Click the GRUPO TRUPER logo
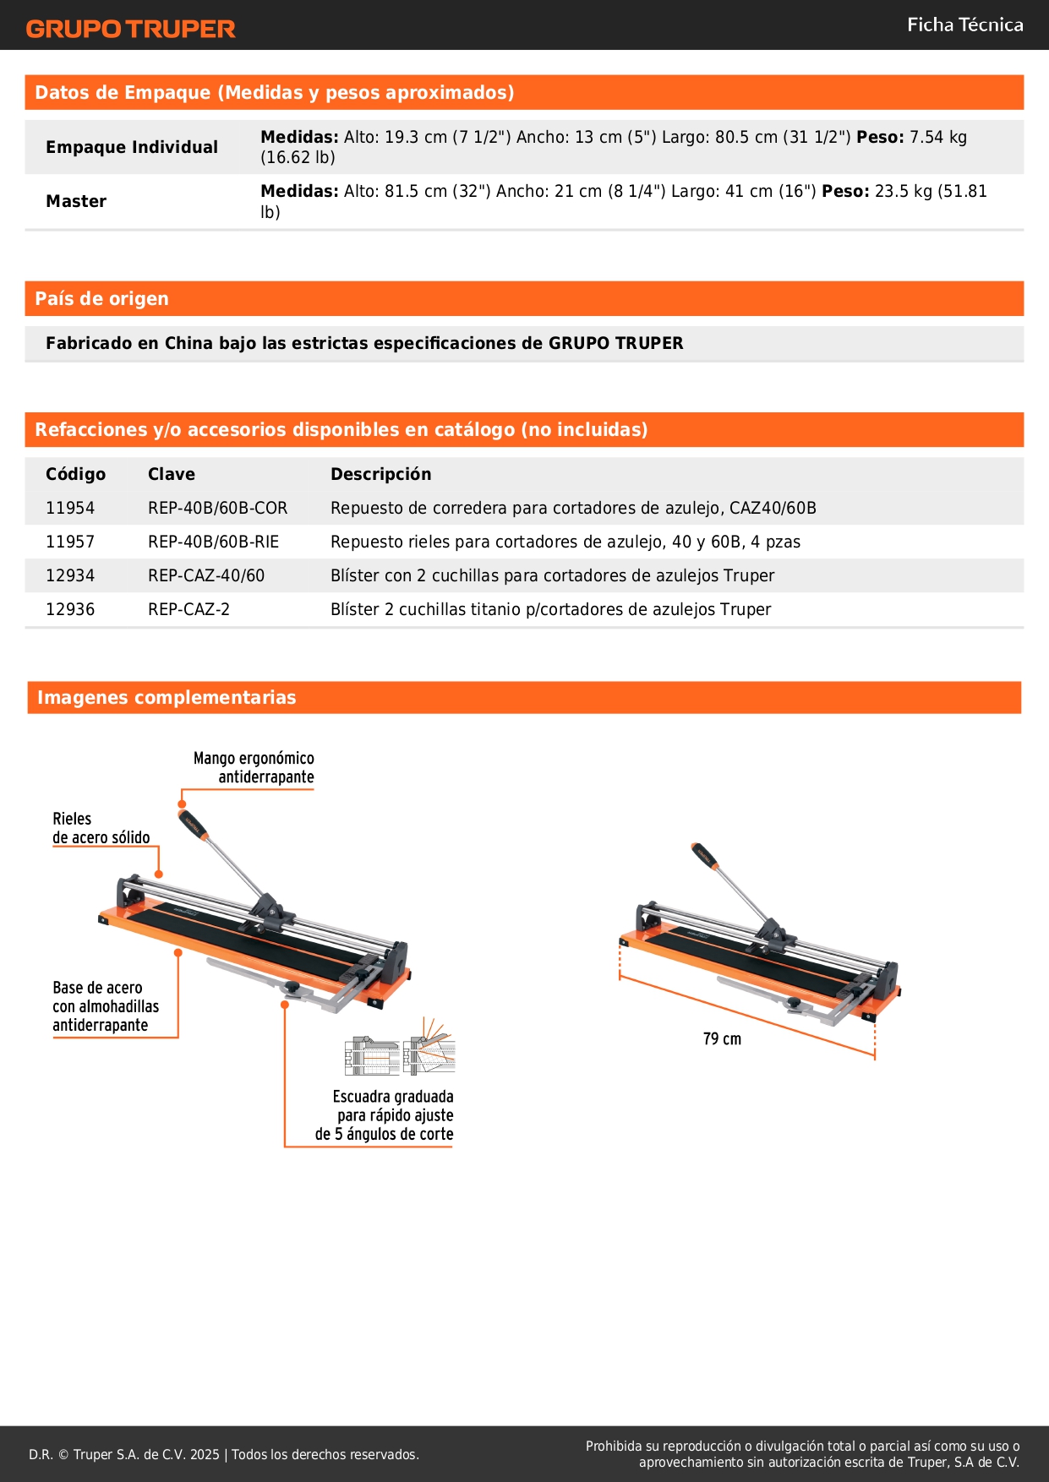point(130,29)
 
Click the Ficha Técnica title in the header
point(964,25)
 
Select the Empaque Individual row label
point(132,147)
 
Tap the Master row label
point(76,201)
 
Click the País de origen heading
point(102,299)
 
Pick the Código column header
point(76,474)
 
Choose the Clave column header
point(172,474)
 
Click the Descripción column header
point(380,474)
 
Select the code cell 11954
point(70,508)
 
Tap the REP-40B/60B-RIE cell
point(213,542)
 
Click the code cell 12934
point(70,575)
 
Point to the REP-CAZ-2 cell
point(188,609)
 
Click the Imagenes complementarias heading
point(167,698)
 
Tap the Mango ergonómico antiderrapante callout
point(254,767)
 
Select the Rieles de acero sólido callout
point(101,828)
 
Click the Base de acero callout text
point(106,1006)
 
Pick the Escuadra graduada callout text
point(385,1115)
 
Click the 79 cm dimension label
point(722,1039)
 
